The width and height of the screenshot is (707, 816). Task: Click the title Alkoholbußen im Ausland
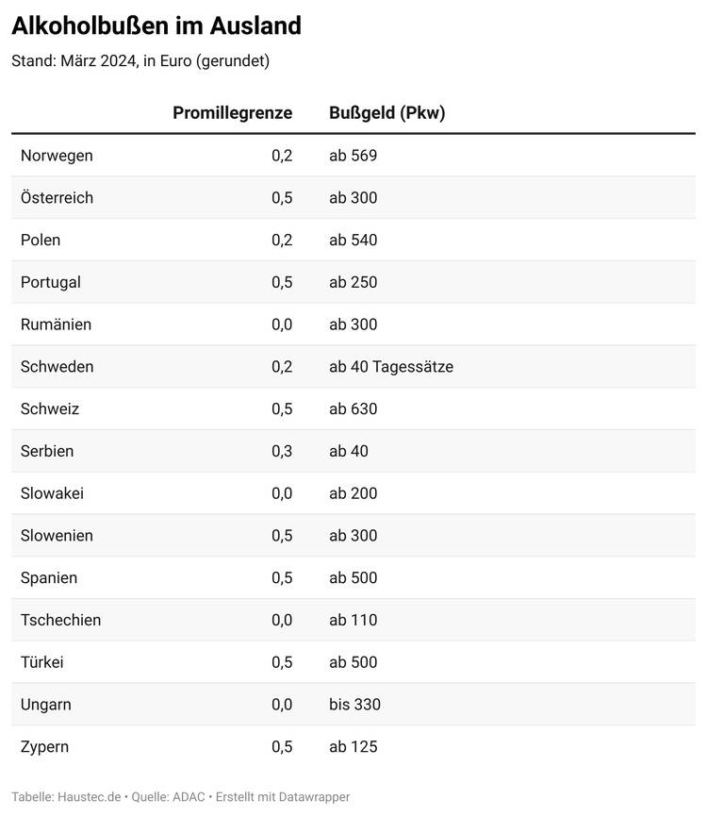156,25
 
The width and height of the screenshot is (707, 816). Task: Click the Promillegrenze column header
232,113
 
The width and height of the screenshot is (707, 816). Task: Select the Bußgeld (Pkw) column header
386,113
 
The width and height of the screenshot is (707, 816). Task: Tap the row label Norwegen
57,156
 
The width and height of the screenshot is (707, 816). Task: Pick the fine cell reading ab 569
353,156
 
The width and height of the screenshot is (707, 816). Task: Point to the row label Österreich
57,198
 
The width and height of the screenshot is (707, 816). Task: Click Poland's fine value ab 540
353,241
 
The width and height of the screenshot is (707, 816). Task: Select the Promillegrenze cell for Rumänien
282,325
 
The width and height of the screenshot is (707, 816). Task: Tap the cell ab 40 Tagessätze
390,367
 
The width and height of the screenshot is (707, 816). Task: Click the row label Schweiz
50,409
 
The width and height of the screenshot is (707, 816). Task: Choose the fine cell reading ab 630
353,409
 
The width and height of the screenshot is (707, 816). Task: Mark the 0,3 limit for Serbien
282,451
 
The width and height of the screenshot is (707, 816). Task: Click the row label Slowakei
52,493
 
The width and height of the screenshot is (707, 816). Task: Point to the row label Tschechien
60,620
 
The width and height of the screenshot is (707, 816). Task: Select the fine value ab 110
353,620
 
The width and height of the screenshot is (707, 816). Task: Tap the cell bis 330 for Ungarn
354,705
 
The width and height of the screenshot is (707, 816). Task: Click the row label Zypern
44,747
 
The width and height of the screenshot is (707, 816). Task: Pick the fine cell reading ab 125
353,747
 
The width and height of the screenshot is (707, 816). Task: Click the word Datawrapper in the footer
316,797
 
